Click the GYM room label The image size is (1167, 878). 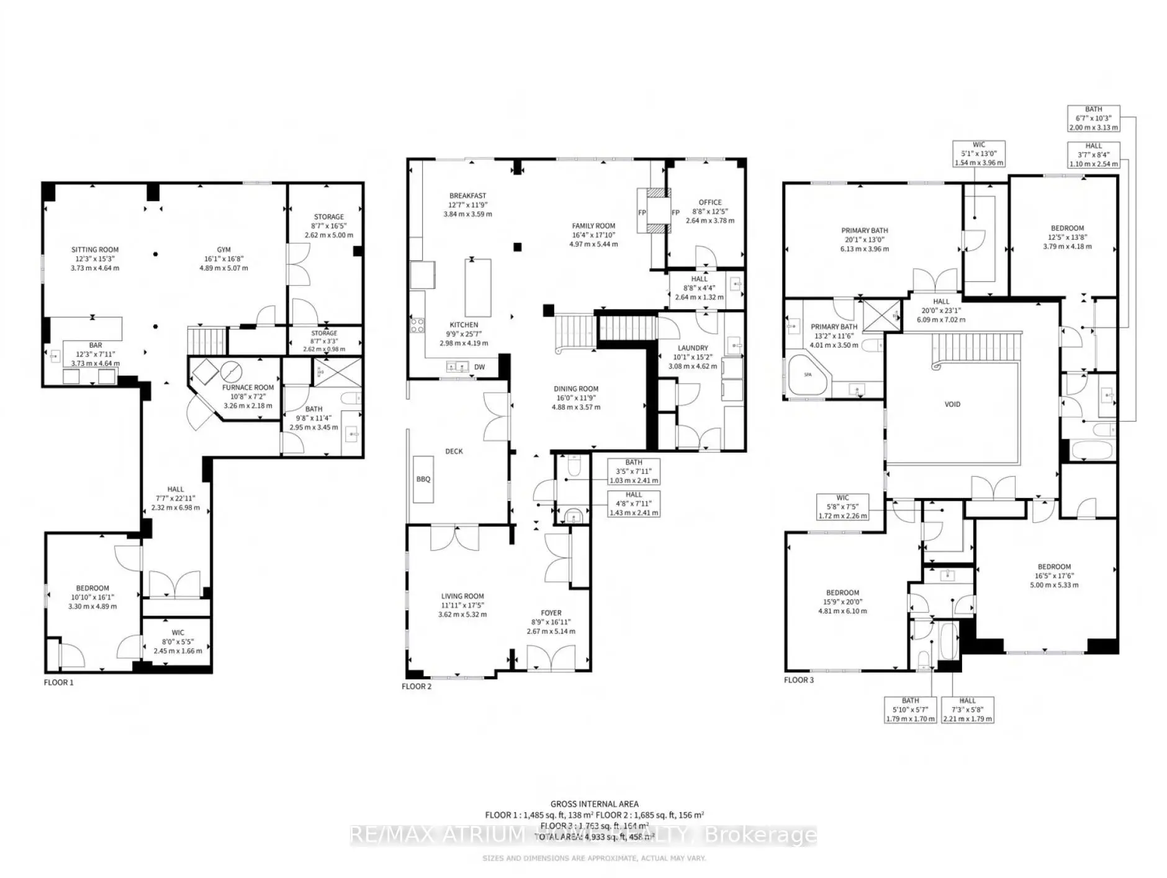point(223,250)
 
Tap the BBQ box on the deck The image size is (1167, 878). point(423,479)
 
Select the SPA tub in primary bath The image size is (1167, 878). point(808,375)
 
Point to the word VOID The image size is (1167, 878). point(952,404)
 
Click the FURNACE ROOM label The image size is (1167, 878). point(248,387)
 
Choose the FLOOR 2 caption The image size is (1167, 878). point(416,686)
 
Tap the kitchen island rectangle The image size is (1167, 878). point(478,287)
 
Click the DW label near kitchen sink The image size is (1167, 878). point(479,367)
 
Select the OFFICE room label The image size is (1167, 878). point(710,202)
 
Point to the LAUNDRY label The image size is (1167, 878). point(692,348)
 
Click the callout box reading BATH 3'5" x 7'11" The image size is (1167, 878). point(634,471)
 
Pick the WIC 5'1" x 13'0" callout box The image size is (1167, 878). point(979,153)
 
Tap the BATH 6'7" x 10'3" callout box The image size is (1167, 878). point(1093,118)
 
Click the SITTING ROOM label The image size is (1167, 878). point(94,250)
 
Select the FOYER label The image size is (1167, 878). point(551,613)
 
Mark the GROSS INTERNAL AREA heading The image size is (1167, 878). point(594,804)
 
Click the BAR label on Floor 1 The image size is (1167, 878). point(95,345)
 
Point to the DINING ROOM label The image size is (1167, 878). point(576,389)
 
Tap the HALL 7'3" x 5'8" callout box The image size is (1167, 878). point(967,709)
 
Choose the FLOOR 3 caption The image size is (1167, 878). point(798,680)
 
